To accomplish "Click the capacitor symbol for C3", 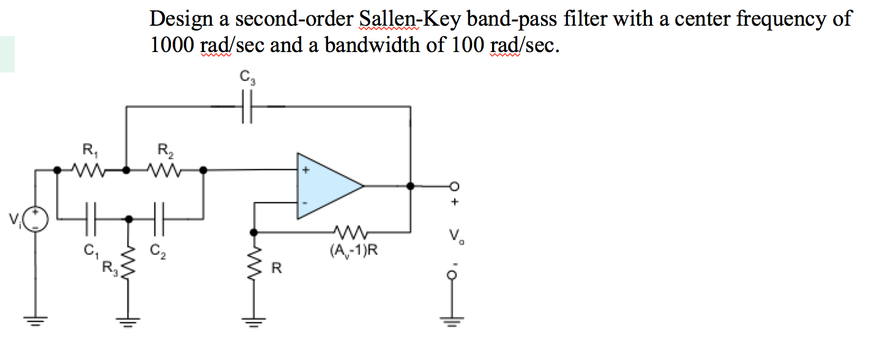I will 247,107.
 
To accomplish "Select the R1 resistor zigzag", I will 91,170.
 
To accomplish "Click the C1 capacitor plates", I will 91,218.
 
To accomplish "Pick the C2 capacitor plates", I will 161,218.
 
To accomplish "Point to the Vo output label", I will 454,235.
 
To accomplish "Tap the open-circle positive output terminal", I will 454,186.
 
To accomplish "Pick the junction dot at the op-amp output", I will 410,185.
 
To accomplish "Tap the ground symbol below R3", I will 128,319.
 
